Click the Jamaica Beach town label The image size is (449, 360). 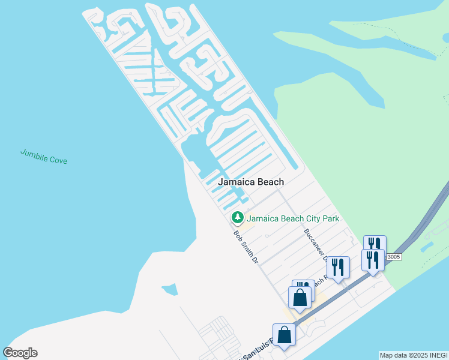(250, 182)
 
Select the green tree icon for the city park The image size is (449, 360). (238, 217)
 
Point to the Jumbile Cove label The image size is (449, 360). (44, 157)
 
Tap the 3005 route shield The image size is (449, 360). (393, 257)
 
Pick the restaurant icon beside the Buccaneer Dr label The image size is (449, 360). (338, 266)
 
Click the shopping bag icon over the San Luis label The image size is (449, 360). (284, 335)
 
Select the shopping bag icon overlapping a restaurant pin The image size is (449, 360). (300, 297)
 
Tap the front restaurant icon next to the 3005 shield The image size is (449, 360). (373, 260)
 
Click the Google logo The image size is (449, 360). (20, 353)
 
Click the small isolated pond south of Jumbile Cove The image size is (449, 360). (170, 290)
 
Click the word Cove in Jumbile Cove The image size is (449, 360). (58, 160)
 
